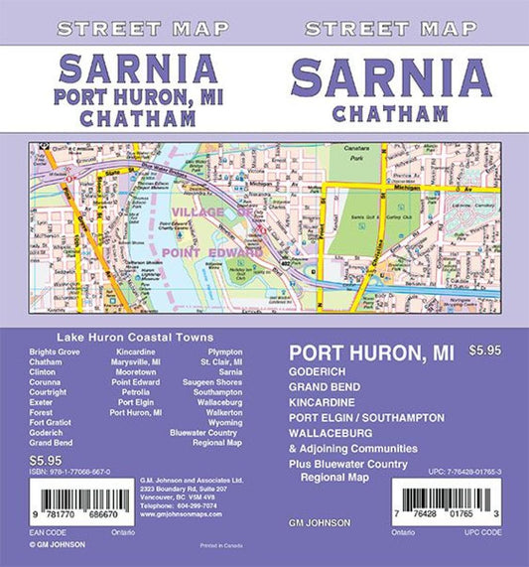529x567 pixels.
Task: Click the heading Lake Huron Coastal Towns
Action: click(x=136, y=338)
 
